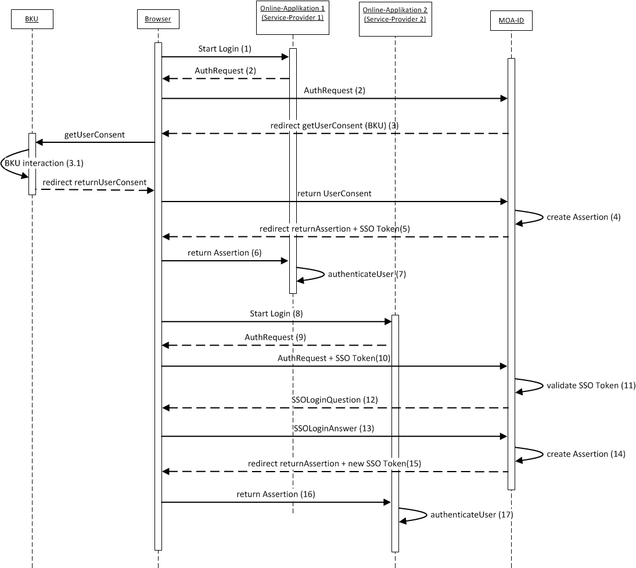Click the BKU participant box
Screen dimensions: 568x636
(32, 19)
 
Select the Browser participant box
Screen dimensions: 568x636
(158, 19)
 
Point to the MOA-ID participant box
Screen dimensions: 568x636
(511, 21)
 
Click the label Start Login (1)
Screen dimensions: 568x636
(225, 49)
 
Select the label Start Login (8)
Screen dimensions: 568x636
(276, 314)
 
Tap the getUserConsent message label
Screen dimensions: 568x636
(95, 135)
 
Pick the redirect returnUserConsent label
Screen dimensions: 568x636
(94, 182)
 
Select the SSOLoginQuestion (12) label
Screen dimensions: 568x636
(335, 400)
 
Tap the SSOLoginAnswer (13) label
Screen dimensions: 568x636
(334, 428)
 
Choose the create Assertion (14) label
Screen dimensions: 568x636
(586, 454)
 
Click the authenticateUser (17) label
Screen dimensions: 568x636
(472, 514)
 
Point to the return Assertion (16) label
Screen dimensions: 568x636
(276, 494)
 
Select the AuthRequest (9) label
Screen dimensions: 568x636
(275, 337)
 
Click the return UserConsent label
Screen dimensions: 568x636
(334, 193)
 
